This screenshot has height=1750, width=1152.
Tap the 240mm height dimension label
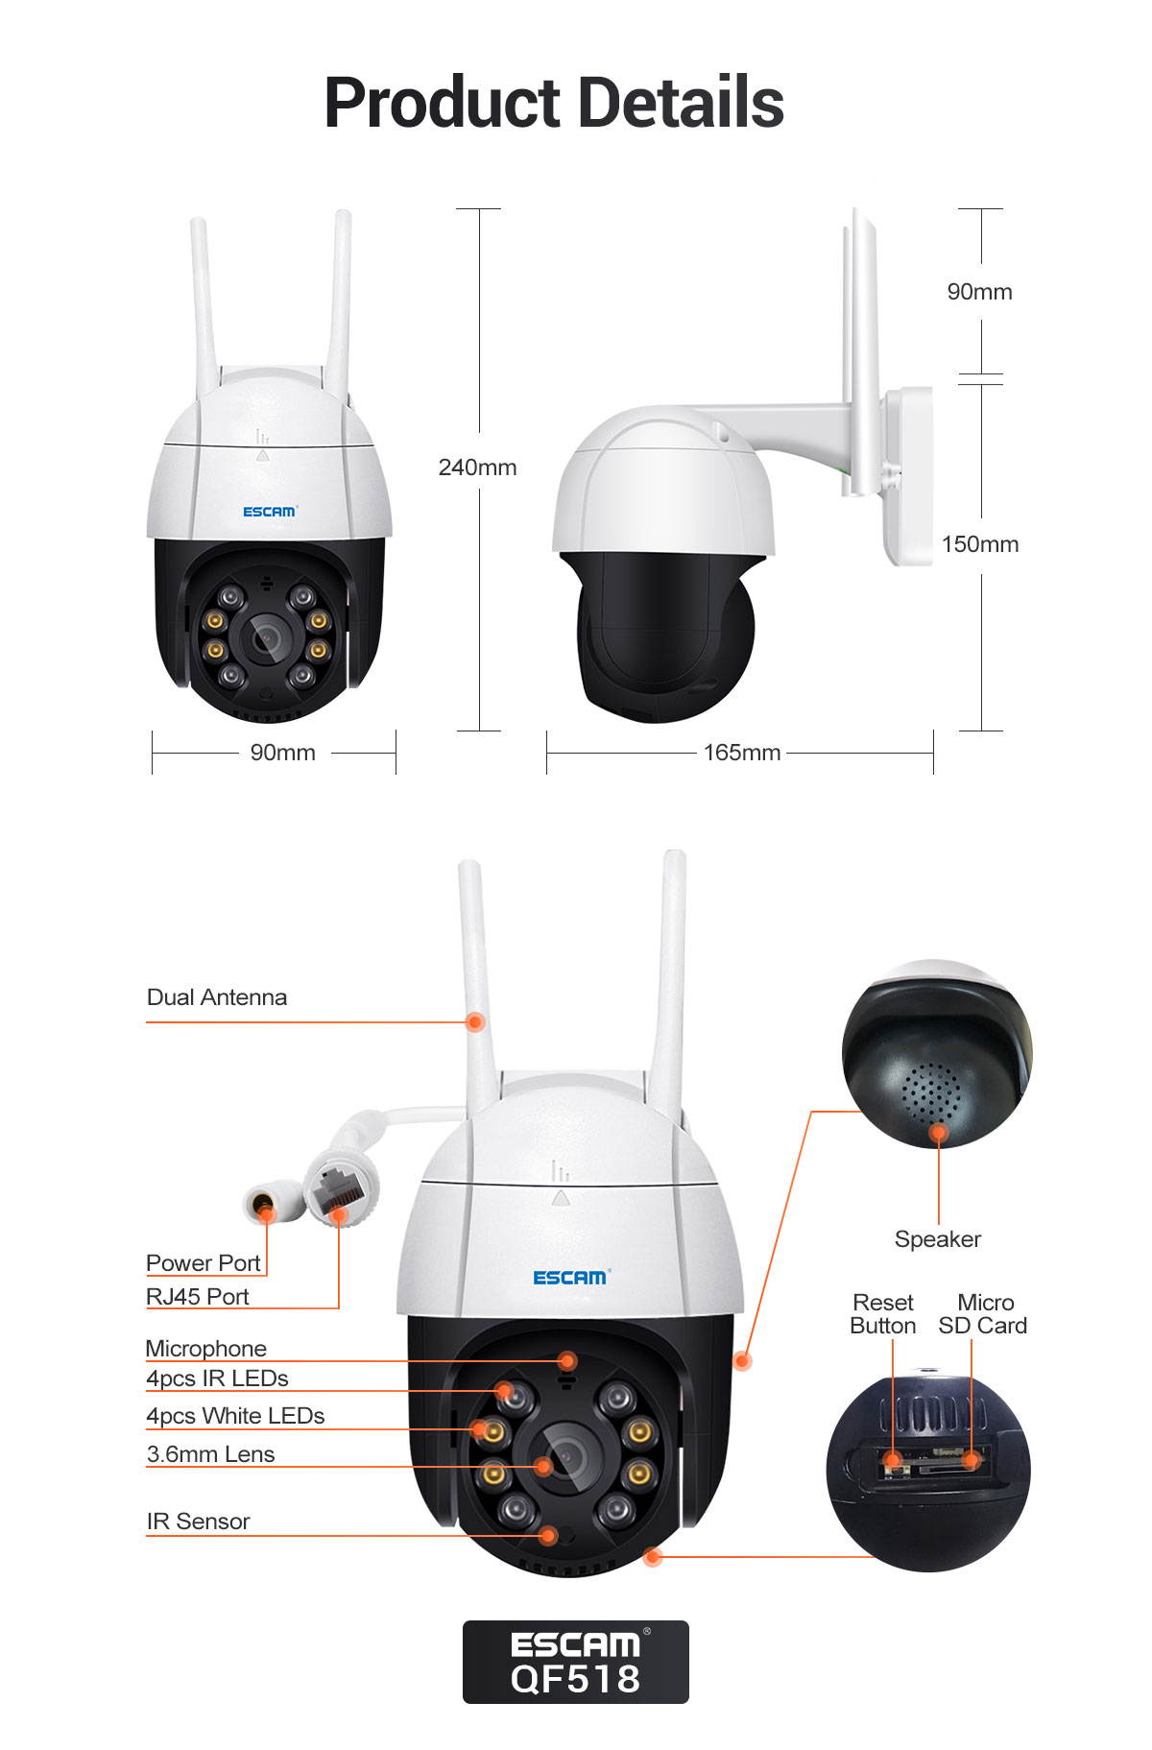[477, 467]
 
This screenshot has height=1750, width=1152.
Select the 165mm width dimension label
[741, 753]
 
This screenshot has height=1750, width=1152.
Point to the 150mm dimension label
[979, 544]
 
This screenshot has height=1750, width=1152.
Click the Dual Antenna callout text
[217, 997]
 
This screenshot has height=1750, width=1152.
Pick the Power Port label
[203, 1262]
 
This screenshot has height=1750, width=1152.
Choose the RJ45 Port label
[197, 1297]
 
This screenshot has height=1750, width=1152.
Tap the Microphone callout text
[205, 1349]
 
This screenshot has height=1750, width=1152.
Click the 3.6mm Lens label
[210, 1454]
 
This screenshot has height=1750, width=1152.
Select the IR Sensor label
[198, 1522]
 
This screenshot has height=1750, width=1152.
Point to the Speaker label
[937, 1239]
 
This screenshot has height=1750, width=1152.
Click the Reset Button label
[882, 1314]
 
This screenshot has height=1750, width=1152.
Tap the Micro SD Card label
[983, 1314]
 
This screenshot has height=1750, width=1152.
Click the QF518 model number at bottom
[575, 1679]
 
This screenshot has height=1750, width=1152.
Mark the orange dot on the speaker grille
[938, 1134]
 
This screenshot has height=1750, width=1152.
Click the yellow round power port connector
[261, 1204]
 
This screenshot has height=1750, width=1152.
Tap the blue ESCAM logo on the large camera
[570, 1277]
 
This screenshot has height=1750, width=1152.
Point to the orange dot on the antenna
[474, 1021]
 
